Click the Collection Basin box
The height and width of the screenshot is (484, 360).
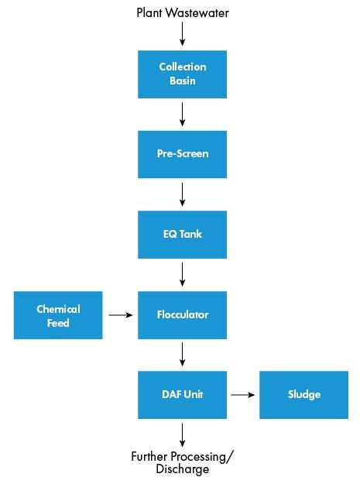182,74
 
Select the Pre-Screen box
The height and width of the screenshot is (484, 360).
182,154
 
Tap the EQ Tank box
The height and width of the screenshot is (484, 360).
182,235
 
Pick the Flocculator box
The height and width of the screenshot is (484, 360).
182,315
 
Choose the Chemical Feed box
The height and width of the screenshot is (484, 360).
58,315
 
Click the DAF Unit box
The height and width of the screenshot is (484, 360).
182,395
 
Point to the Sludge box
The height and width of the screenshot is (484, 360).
303,395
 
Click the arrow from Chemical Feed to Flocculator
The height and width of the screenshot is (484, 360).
121,315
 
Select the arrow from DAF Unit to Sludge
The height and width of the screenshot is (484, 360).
243,394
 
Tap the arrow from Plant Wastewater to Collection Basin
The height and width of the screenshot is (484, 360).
182,34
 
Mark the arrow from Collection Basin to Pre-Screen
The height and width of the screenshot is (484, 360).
182,114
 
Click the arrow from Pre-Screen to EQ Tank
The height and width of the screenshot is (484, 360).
182,194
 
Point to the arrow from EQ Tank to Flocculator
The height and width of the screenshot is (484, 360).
182,274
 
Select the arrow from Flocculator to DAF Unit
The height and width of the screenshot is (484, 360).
182,354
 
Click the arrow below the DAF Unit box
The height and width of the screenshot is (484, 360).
182,435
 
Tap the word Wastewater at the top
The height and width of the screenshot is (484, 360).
197,13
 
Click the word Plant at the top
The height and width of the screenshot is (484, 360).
149,13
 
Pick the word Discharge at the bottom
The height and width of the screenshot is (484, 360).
182,469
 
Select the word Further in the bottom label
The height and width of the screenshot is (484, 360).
149,457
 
